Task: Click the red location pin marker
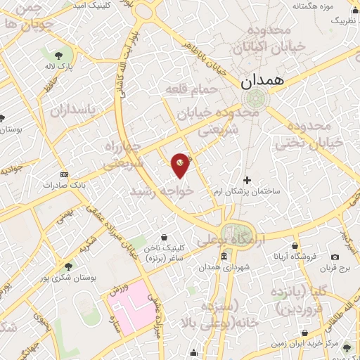tap(181, 165)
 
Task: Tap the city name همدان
tap(265, 82)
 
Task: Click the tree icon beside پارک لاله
tap(55, 55)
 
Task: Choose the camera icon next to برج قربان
tap(335, 257)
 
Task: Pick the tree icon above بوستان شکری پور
tap(67, 266)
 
